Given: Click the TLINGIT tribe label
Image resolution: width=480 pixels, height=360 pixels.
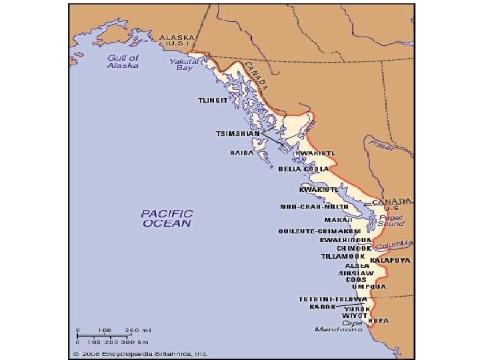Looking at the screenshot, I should click(x=213, y=101).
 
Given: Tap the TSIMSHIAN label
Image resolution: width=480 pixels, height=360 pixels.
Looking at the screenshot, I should click(x=237, y=133).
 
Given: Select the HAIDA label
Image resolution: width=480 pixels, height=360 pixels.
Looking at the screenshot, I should click(x=241, y=153).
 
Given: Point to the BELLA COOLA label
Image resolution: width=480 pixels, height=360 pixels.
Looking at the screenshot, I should click(x=303, y=169).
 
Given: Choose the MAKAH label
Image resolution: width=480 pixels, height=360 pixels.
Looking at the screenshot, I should click(x=338, y=219).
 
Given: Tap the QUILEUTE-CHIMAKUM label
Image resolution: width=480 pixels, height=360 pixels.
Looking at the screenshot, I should click(x=319, y=231).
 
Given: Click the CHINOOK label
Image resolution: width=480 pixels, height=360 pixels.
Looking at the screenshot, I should click(x=354, y=248).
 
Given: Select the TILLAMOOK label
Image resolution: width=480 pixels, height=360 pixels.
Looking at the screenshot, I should click(x=343, y=257).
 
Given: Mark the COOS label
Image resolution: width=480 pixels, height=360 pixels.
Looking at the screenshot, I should click(x=356, y=280).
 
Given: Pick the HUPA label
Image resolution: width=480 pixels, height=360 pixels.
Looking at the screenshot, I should click(x=379, y=321).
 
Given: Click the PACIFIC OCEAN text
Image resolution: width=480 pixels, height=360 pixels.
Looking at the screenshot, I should click(x=167, y=219).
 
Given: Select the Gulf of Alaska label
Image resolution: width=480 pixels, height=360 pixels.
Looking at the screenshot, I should click(x=123, y=62).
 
